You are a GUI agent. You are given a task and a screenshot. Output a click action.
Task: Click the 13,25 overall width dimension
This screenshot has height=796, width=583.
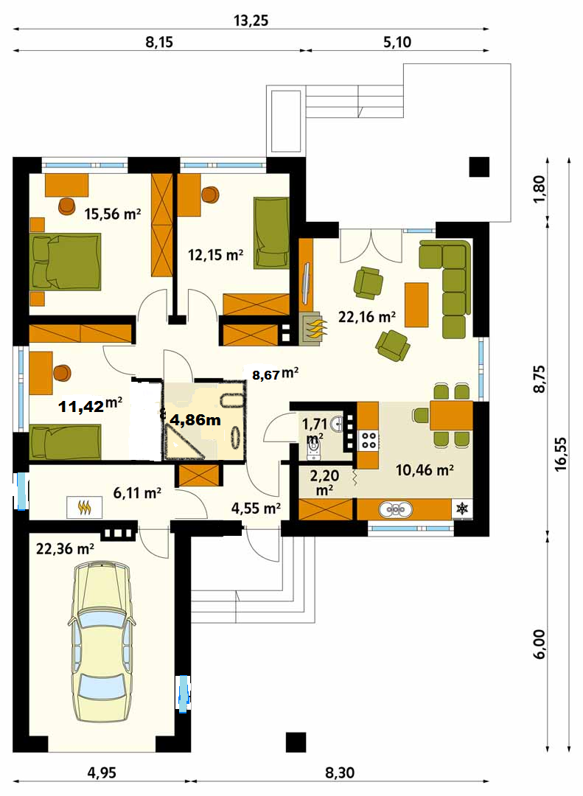[x=251, y=21]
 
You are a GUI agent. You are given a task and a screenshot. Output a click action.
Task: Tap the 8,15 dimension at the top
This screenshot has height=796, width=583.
[x=159, y=41]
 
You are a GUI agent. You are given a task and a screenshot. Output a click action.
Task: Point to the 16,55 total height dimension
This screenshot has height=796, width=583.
[x=561, y=454]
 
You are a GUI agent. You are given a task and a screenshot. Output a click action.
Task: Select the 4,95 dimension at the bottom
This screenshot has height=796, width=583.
[x=102, y=772]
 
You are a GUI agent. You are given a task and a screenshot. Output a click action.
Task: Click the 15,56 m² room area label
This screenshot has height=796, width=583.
[x=112, y=214]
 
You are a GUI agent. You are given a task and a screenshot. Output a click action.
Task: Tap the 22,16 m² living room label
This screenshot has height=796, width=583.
[x=367, y=317]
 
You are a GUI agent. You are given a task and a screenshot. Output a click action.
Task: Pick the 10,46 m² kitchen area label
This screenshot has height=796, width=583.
[x=425, y=470]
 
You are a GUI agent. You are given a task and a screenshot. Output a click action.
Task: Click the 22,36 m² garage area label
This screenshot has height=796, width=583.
[x=65, y=548]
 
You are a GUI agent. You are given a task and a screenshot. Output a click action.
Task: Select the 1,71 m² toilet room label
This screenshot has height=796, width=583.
[x=315, y=430]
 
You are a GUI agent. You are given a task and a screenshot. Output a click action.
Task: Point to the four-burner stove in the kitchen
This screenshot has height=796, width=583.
[x=369, y=440]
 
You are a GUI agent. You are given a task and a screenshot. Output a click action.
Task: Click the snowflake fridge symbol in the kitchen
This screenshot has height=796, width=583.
[x=462, y=509]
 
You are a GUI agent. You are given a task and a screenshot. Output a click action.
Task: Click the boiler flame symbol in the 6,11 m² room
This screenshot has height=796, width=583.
[x=84, y=507]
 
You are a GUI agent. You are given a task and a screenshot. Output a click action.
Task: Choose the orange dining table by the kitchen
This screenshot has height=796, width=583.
[x=452, y=416]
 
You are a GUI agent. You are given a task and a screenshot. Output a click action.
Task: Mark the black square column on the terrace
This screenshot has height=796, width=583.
[x=479, y=167]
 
